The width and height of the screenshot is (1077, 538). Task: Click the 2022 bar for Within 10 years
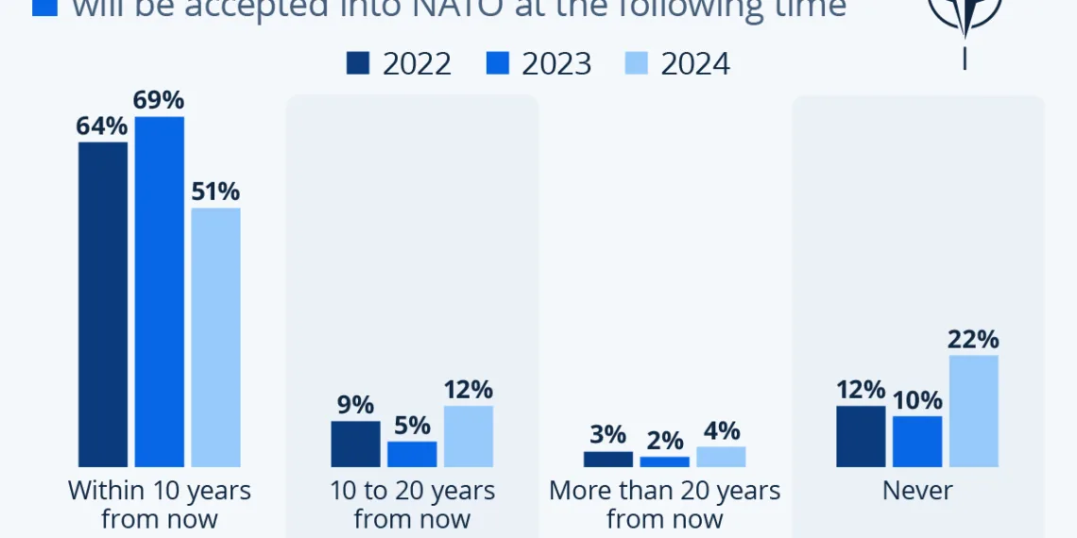tap(103, 304)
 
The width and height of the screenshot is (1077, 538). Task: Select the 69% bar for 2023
tap(160, 292)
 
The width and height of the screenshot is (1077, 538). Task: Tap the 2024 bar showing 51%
tap(215, 337)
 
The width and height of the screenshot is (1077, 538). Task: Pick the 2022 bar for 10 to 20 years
tap(355, 444)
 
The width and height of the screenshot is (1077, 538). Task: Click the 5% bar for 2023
tap(412, 454)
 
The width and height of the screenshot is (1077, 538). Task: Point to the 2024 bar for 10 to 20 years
tap(469, 436)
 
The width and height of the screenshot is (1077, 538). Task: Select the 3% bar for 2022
tap(607, 460)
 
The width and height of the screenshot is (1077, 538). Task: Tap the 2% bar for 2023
tap(664, 462)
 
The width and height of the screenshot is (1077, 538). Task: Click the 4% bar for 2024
tap(721, 457)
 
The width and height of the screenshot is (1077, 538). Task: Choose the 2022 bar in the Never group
tap(861, 436)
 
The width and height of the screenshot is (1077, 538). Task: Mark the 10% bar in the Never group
tap(917, 442)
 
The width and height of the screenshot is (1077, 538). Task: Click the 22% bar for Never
tap(974, 411)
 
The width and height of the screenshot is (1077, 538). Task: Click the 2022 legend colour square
tap(358, 63)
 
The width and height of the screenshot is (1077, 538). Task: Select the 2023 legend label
tap(556, 63)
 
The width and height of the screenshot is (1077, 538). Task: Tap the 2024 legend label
tap(695, 63)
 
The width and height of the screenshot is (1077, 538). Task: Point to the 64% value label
tap(103, 126)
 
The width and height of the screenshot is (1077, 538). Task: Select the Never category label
tap(917, 491)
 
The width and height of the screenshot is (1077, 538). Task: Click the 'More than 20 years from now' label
tap(664, 504)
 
